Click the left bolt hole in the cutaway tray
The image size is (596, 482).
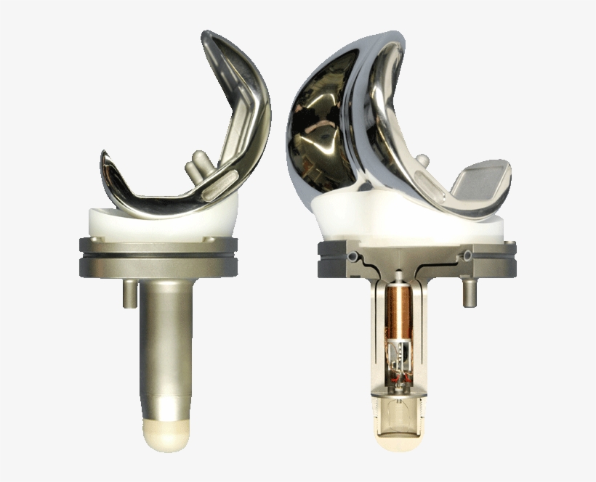coord(353,257)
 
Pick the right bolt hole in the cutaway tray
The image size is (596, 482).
coord(467,256)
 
